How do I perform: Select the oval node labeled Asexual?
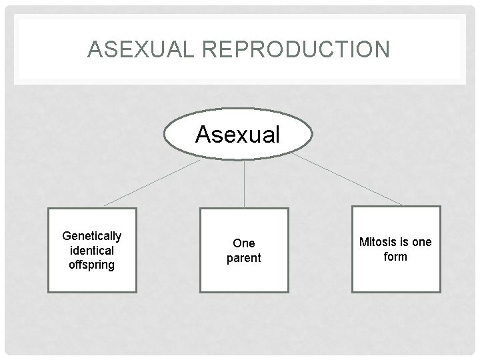point(238,135)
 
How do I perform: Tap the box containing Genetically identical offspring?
point(92,250)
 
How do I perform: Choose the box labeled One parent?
point(244,250)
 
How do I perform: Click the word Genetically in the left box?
point(92,236)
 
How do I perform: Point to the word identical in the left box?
point(92,251)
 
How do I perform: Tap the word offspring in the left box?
point(92,265)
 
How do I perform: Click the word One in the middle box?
point(244,243)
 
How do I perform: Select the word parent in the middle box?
point(244,258)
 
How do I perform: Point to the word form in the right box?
point(395,257)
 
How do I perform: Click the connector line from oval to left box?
point(152,182)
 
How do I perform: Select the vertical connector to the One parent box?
point(244,183)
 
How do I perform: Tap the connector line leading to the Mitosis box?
point(347,179)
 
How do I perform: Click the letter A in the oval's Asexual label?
point(203,135)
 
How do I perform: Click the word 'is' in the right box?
point(403,242)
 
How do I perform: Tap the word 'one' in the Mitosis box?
point(421,242)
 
